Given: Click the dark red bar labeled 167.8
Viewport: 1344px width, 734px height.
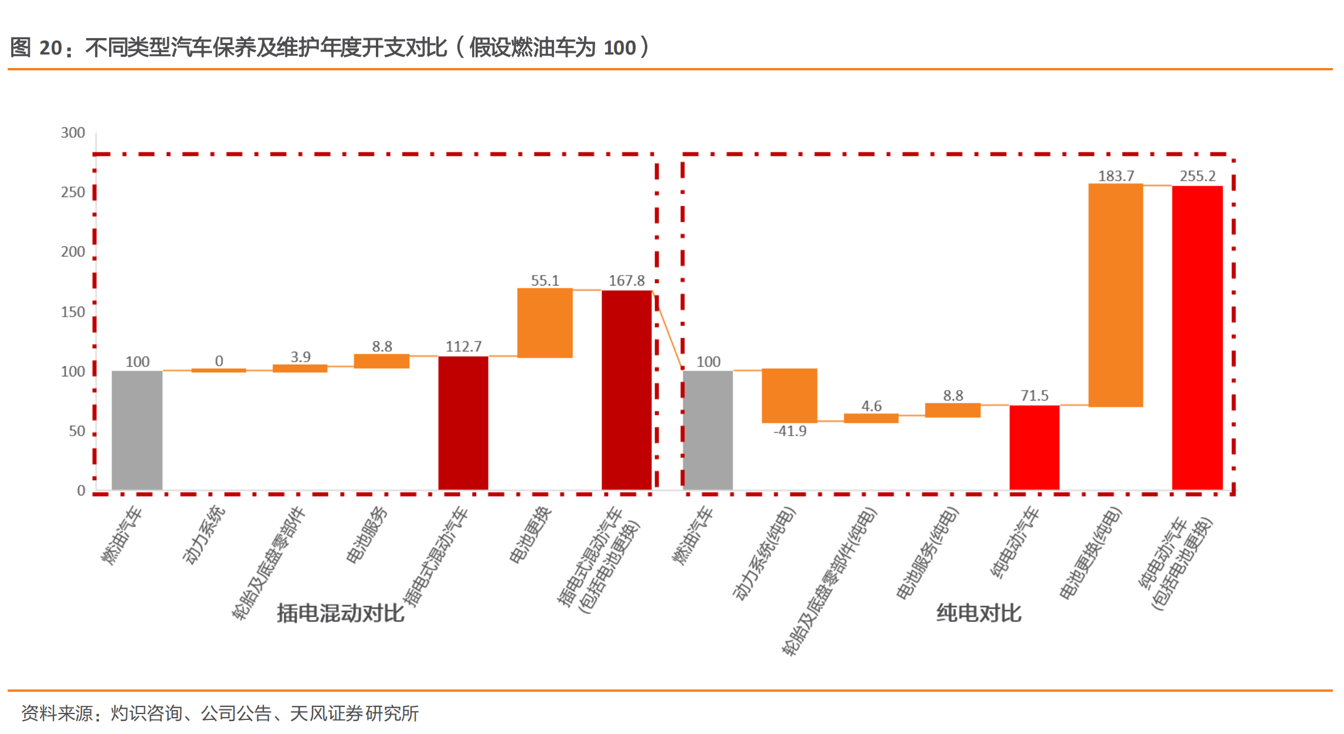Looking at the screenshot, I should [x=626, y=390].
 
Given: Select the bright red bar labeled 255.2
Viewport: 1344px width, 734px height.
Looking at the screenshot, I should [x=1197, y=338].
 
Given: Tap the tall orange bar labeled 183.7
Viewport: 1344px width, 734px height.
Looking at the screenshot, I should [x=1115, y=295].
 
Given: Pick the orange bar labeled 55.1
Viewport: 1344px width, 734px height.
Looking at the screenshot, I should [x=545, y=322].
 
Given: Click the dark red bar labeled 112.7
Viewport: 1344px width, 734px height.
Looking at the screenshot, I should [x=463, y=423].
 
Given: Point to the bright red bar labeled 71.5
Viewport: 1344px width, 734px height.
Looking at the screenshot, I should [x=1034, y=447].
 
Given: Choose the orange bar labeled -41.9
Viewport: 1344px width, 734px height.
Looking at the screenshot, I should [x=789, y=396].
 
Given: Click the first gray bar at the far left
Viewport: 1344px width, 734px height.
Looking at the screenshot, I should [x=137, y=430].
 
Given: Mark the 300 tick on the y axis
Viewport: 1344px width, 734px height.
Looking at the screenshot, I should [x=73, y=132].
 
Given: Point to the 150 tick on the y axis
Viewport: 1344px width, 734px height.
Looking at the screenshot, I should [x=73, y=312].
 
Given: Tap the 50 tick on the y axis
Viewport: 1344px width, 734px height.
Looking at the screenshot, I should [x=77, y=431].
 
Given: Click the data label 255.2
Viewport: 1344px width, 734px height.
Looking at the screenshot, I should [x=1197, y=176].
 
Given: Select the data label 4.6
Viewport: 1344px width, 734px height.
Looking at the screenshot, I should [x=871, y=406].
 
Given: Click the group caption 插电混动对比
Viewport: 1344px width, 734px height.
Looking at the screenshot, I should [x=341, y=613].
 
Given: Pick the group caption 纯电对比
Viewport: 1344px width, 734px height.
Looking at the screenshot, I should [x=979, y=613].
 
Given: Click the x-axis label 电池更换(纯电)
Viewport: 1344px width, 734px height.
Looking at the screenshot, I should [x=1091, y=554].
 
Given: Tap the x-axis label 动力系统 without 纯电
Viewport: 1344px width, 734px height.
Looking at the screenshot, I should [x=203, y=535].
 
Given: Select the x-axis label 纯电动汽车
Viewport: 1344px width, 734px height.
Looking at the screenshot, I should [x=1014, y=542].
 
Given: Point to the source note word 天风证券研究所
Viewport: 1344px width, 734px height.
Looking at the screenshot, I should [x=354, y=713].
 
